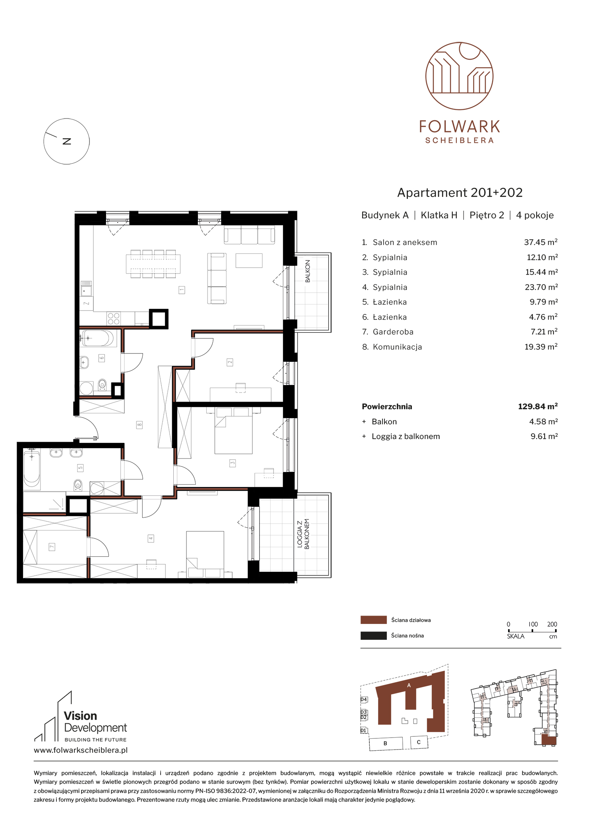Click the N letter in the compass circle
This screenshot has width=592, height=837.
(67, 141)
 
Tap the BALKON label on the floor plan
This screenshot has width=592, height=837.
(307, 271)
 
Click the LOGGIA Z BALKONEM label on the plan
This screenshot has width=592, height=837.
(303, 534)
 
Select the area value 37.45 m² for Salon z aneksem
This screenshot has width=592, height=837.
(541, 242)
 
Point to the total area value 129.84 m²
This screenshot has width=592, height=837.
(538, 406)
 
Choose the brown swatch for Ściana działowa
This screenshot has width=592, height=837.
(373, 620)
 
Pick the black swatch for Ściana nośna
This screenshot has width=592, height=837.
(373, 635)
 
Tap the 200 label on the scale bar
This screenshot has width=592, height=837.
(552, 624)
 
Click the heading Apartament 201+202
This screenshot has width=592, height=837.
(460, 193)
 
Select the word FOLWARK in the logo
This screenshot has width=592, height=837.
(460, 127)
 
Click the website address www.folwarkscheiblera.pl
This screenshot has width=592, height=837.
(81, 750)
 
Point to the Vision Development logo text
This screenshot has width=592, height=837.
(95, 722)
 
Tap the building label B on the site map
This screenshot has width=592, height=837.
(385, 743)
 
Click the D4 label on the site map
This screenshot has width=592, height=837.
(364, 699)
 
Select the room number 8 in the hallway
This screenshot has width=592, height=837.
(139, 425)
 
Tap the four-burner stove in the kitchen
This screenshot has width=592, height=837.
(113, 319)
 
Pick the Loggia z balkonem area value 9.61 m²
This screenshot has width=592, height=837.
(544, 436)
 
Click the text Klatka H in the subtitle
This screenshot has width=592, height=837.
(439, 215)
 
